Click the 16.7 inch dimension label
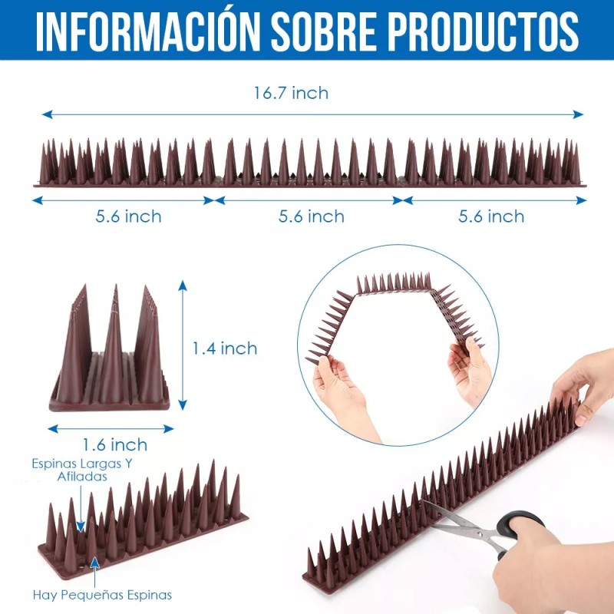(291, 93)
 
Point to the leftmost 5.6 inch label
(128, 216)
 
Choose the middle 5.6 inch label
(311, 216)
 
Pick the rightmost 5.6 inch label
(491, 216)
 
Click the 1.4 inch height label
(224, 348)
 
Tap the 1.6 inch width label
(115, 444)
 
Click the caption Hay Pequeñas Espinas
(102, 594)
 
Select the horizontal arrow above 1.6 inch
(111, 429)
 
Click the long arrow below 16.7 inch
(312, 114)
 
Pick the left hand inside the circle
(342, 391)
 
